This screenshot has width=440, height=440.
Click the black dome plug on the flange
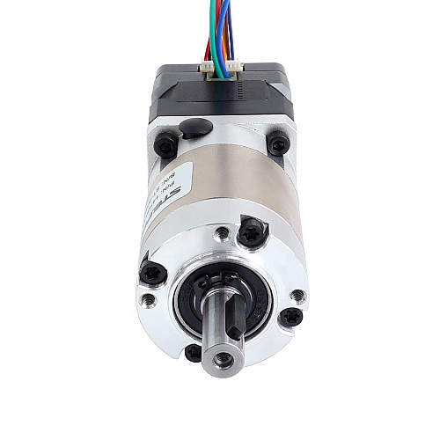(195, 128)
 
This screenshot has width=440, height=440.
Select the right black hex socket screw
(278, 142)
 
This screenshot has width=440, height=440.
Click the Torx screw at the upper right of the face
(250, 232)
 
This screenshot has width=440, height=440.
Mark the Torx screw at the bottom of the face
(194, 353)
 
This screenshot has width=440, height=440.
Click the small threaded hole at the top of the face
(223, 234)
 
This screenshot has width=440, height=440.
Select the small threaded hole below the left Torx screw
(150, 301)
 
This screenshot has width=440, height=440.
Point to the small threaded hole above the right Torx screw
(297, 295)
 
